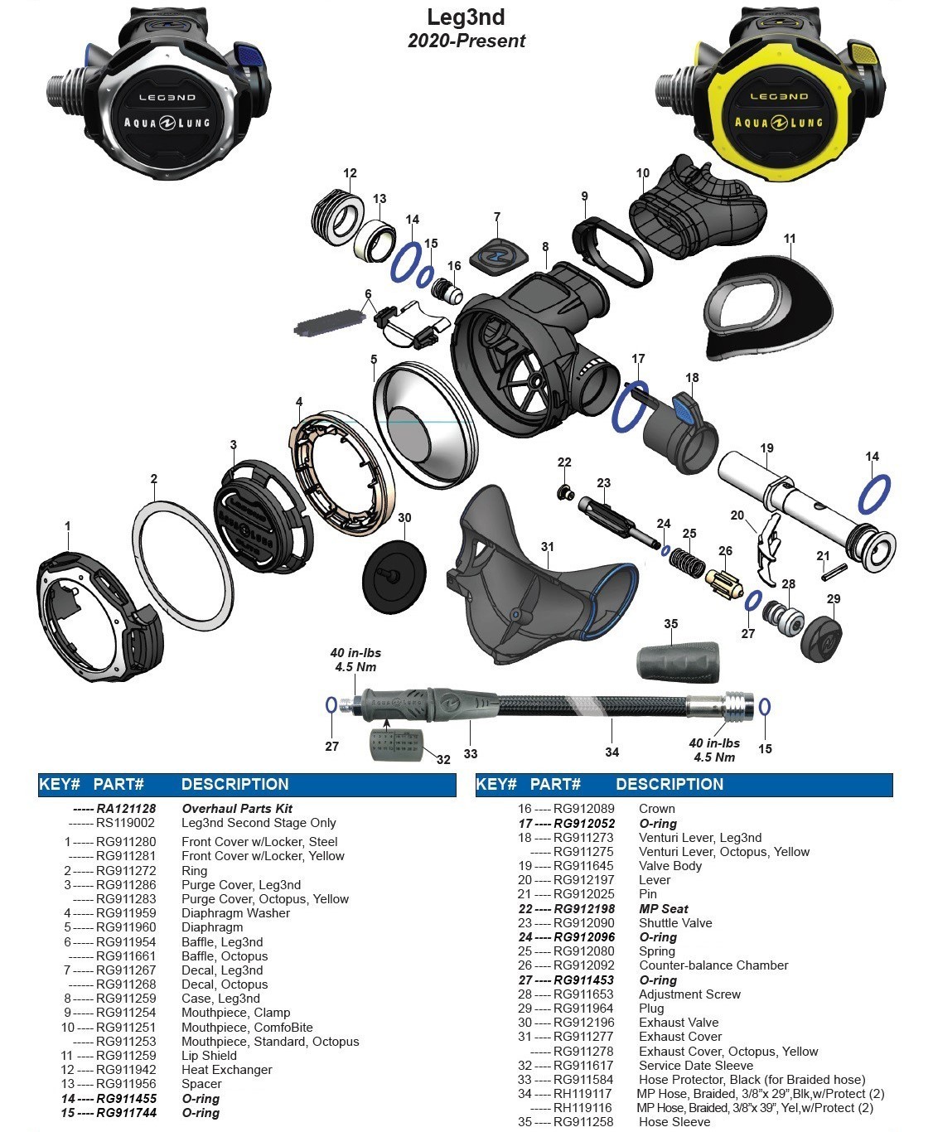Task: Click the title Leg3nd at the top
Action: coord(466,17)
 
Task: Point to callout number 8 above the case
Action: coord(545,247)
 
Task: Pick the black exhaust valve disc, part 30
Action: coord(395,572)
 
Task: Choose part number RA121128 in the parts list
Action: coord(126,808)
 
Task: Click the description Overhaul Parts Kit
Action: coord(237,808)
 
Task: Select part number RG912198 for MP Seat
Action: coord(584,908)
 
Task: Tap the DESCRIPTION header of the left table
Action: coord(234,784)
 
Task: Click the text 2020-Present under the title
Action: coord(466,41)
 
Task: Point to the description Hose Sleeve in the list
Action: coord(674,1121)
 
